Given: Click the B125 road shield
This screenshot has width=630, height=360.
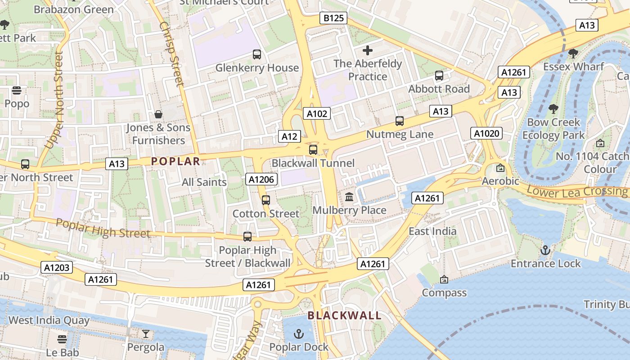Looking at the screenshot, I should (x=333, y=18).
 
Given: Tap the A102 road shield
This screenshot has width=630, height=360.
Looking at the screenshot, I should (x=317, y=113).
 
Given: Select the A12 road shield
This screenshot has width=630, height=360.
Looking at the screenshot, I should (x=289, y=136).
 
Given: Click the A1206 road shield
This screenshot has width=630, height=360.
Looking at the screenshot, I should (x=261, y=180).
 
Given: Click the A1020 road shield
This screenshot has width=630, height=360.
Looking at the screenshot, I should (x=486, y=133).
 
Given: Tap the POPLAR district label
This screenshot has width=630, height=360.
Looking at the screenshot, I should (x=175, y=161).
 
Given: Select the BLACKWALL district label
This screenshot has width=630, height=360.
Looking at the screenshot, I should (x=345, y=315).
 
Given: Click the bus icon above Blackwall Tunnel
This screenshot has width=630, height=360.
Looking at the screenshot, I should (x=313, y=150).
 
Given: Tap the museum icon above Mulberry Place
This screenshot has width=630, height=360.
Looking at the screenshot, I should (x=349, y=197).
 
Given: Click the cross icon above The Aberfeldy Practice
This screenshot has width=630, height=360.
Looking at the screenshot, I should (x=368, y=50).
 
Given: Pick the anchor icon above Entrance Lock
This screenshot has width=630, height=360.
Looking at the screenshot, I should (x=545, y=250).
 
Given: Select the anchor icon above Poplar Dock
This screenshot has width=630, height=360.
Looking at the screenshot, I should (x=298, y=333).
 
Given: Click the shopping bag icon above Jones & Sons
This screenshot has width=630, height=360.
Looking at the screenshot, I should (x=158, y=114).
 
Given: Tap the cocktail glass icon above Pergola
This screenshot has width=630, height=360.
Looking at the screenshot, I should (x=146, y=334).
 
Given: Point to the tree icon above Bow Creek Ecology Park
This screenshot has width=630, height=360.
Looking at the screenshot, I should (x=553, y=109).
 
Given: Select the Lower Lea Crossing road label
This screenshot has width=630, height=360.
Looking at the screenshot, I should (x=576, y=191).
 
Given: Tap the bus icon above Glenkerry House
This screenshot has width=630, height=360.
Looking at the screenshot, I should (x=257, y=54).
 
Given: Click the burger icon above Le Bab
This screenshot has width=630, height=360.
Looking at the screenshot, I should (x=62, y=339).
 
